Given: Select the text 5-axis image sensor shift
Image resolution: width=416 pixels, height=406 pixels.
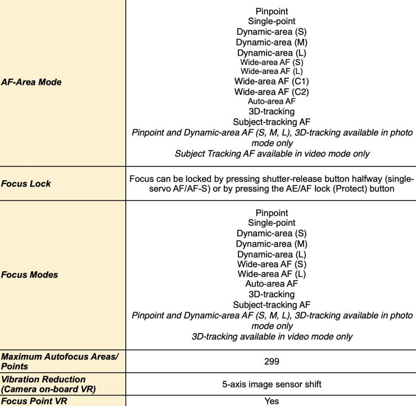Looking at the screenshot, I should click(x=272, y=385).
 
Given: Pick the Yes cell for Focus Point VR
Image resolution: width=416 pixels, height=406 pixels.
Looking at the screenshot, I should click(x=272, y=401).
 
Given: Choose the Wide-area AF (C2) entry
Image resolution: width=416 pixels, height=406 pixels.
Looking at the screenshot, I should click(x=272, y=92).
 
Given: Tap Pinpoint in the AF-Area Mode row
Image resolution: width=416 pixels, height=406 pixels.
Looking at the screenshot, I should click(x=272, y=11).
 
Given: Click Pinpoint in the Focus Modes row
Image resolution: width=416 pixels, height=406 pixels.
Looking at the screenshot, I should click(x=272, y=213).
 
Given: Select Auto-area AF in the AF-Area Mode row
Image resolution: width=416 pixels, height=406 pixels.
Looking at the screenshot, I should click(x=272, y=102).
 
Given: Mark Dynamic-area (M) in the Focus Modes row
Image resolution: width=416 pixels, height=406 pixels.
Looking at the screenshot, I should click(x=272, y=244).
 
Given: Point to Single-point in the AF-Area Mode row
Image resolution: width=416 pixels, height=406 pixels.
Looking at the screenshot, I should click(x=272, y=21).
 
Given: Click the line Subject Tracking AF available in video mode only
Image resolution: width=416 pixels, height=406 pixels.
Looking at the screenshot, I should click(x=272, y=153).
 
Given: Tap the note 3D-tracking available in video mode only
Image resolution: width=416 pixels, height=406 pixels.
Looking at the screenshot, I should click(x=272, y=336).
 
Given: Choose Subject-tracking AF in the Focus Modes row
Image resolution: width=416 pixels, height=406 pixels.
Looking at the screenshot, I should click(x=272, y=305).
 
